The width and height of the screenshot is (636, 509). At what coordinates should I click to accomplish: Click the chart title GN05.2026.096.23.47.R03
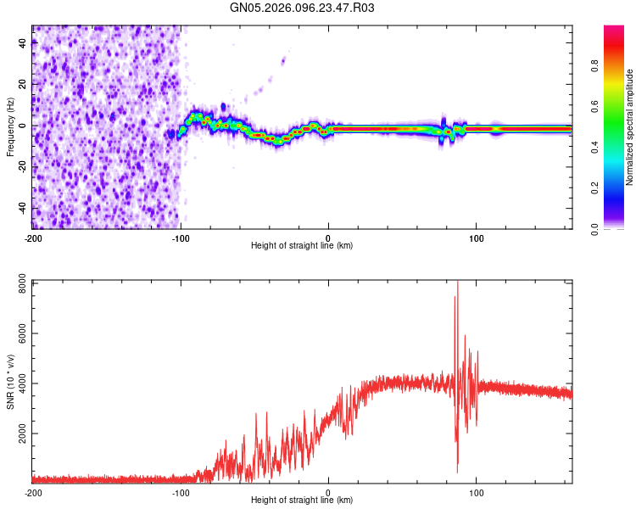303,8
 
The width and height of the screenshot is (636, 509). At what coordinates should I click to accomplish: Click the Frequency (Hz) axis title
10,126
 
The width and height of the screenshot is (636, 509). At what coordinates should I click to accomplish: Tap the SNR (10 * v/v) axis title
10,382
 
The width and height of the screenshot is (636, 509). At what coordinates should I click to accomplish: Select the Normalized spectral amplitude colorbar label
629,127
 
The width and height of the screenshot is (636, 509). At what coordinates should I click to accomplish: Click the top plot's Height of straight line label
302,245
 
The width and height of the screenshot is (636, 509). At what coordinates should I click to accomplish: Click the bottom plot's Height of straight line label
302,500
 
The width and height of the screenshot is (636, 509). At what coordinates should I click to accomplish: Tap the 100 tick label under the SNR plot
476,492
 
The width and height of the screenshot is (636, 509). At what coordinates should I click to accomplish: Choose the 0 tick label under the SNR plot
328,492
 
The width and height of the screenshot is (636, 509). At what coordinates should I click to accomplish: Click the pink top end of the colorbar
615,30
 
